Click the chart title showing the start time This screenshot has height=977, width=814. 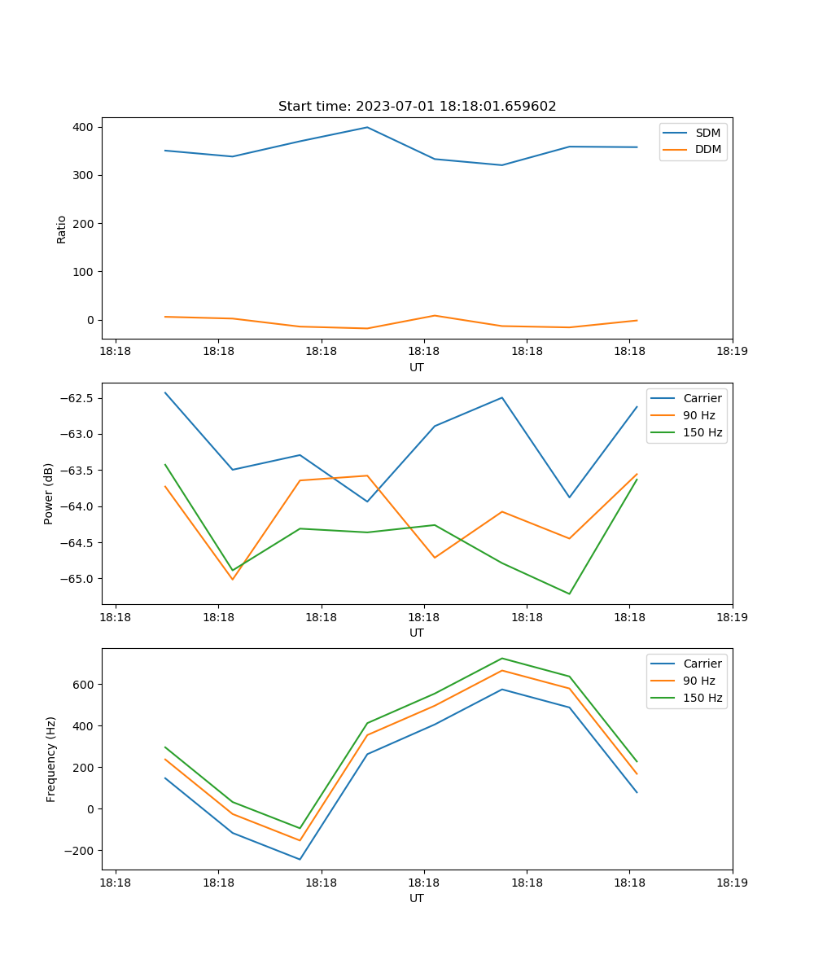click(x=417, y=107)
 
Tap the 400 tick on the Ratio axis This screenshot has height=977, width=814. click(x=84, y=127)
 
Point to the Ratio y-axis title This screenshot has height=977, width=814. click(x=62, y=229)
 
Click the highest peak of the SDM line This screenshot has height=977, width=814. click(x=367, y=127)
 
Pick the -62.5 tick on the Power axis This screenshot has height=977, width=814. click(x=75, y=398)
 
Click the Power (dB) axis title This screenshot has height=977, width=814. click(x=49, y=493)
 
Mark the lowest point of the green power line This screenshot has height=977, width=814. click(x=569, y=594)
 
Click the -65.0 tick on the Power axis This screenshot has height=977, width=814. click(x=75, y=579)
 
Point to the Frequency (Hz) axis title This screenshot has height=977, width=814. click(x=50, y=759)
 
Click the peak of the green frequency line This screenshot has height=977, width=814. click(x=501, y=658)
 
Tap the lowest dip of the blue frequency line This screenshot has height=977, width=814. click(x=300, y=859)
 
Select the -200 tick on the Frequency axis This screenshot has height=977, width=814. click(x=80, y=851)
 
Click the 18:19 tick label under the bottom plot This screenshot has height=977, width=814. click(x=732, y=883)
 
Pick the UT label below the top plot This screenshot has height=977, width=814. click(x=417, y=367)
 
